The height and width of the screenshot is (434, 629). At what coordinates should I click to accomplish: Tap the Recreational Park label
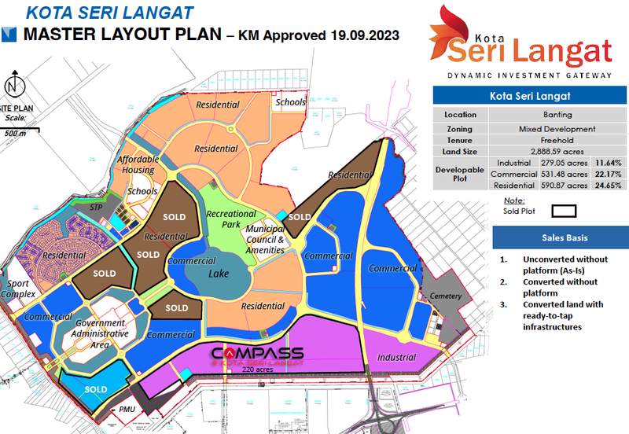click(230, 219)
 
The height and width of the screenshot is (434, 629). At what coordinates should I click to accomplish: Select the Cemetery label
click(446, 296)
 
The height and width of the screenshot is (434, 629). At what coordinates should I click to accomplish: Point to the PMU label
click(127, 410)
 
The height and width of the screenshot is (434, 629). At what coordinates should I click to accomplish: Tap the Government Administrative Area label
click(101, 333)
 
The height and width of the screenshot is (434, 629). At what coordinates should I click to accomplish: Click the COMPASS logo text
click(257, 352)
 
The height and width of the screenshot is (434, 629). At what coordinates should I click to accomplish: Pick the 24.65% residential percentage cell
click(608, 185)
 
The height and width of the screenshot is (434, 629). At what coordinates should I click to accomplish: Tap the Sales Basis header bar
click(559, 237)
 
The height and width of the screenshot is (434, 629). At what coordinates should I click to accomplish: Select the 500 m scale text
click(15, 133)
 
